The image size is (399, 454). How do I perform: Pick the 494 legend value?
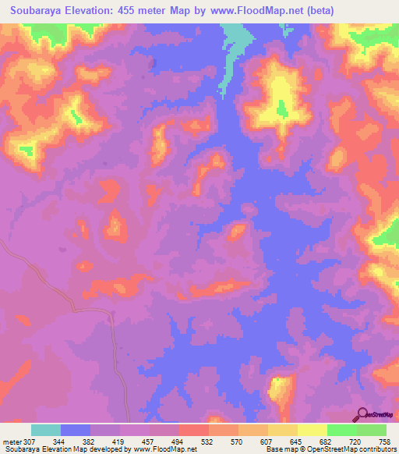(178, 441)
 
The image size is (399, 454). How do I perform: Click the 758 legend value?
(383, 441)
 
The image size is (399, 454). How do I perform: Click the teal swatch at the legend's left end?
(46, 430)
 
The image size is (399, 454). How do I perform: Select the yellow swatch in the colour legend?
(312, 430)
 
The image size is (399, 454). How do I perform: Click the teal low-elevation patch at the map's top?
(238, 39)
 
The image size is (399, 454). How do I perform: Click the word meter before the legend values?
(11, 441)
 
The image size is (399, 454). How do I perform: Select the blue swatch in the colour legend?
(76, 430)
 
